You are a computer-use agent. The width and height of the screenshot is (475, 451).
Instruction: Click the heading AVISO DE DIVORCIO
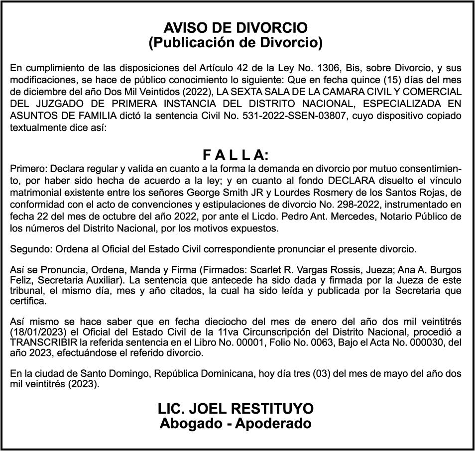[x=236, y=28]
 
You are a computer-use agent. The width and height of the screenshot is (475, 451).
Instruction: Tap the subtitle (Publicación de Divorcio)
[x=236, y=43]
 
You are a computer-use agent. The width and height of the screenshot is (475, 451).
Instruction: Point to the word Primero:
[x=27, y=168]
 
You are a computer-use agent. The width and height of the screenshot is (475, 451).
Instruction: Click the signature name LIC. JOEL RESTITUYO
[x=236, y=409]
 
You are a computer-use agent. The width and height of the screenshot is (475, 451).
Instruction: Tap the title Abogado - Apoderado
[x=236, y=424]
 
